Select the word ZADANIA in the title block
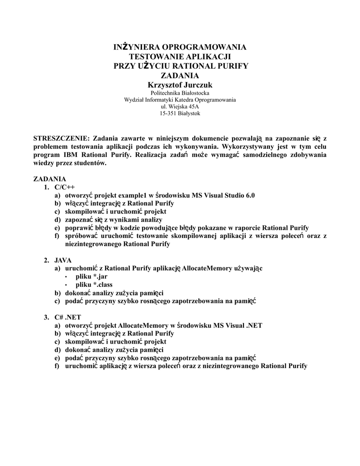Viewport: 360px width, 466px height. coord(180,75)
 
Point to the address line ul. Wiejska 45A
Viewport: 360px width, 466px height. coord(180,106)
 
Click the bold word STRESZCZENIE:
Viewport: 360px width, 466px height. coord(62,138)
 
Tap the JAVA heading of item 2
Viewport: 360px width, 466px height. coord(63,260)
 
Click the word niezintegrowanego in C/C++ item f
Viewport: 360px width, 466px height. coord(93,244)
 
